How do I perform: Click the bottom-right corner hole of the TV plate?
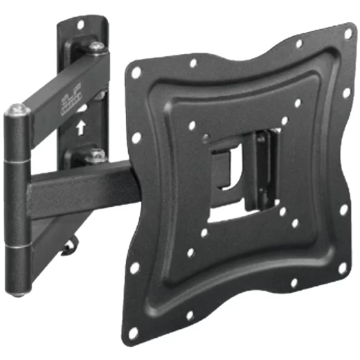coord(341,267)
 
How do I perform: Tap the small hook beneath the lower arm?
coord(67,248)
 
